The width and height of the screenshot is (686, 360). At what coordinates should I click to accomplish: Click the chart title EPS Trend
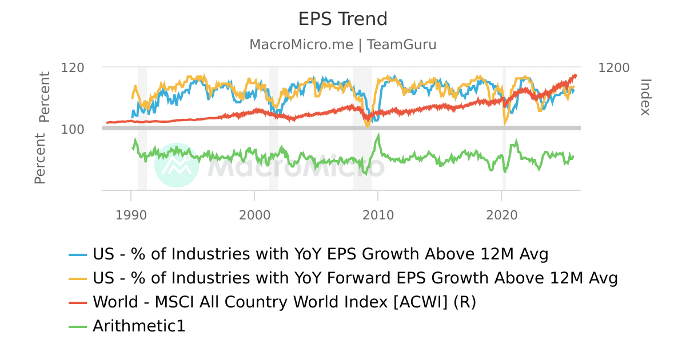(343, 19)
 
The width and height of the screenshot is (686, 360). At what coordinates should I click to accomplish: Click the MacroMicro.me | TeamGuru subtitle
(343, 45)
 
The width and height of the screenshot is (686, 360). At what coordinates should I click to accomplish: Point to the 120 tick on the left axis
(73, 67)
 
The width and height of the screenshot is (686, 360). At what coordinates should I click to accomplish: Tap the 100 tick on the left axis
(73, 129)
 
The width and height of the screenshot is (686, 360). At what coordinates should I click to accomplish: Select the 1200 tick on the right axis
(614, 67)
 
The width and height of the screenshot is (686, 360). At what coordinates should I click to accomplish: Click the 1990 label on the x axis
(131, 215)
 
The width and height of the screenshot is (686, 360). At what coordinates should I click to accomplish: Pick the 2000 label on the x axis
(254, 215)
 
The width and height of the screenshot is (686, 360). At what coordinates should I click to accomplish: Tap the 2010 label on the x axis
(378, 215)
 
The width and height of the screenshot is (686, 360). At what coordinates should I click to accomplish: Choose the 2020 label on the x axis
(501, 215)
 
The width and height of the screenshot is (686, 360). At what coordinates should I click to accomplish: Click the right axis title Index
(645, 97)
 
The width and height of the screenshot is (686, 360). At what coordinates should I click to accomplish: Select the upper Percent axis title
(44, 97)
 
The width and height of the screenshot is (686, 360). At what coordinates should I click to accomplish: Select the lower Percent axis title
(39, 158)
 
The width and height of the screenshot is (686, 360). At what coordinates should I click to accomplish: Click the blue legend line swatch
(78, 254)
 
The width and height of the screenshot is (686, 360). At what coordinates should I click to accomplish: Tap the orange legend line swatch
(78, 278)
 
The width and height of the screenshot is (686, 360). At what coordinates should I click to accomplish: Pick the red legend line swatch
(78, 302)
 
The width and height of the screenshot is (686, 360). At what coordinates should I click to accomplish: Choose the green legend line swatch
(78, 327)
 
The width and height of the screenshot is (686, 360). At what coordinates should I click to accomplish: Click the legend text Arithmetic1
(139, 326)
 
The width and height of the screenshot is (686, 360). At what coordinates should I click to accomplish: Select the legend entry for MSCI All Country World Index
(284, 302)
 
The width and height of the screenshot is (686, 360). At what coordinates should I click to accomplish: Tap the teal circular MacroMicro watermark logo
(177, 165)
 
